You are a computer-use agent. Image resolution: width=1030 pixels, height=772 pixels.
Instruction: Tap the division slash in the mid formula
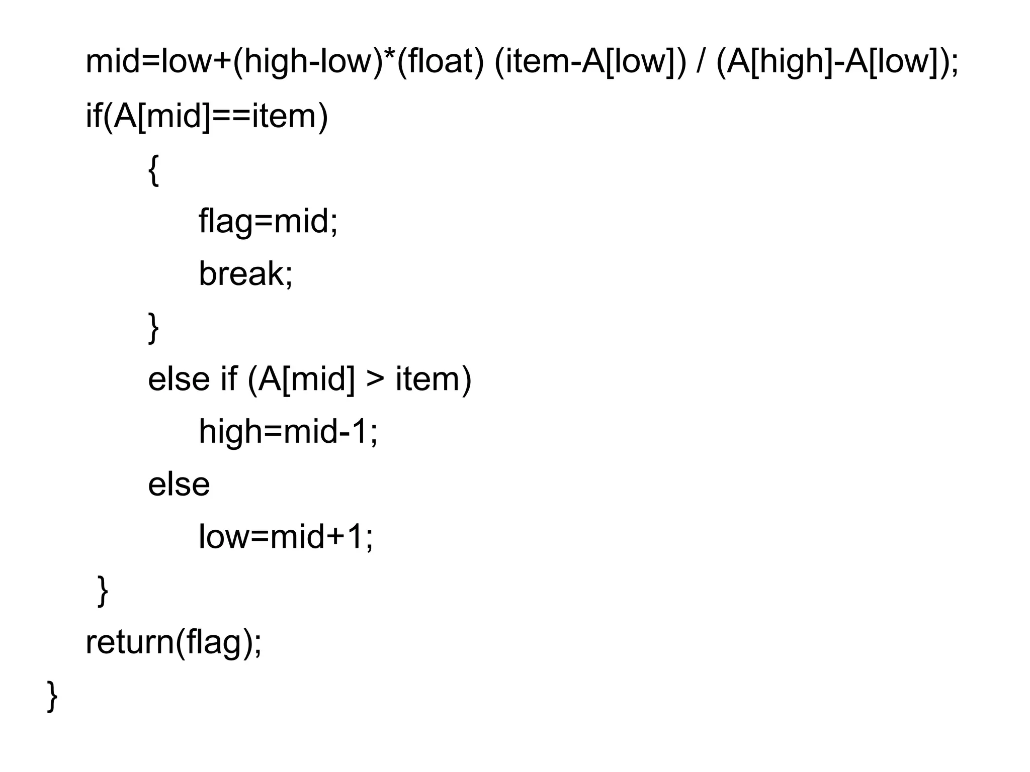pyautogui.click(x=700, y=61)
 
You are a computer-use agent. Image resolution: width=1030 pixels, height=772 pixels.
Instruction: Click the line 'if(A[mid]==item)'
pyautogui.click(x=207, y=116)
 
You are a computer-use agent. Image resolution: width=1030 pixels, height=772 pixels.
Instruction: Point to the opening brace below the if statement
pyautogui.click(x=154, y=171)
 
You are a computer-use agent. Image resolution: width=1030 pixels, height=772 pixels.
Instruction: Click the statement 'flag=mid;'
pyautogui.click(x=268, y=221)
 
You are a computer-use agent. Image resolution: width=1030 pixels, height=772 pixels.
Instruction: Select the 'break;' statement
pyautogui.click(x=245, y=274)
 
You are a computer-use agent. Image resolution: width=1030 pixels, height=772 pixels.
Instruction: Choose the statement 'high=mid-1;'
pyautogui.click(x=288, y=432)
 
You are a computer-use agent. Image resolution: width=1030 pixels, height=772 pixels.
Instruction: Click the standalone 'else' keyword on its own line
pyautogui.click(x=179, y=485)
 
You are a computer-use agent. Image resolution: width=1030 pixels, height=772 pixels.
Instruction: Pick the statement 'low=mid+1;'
pyautogui.click(x=286, y=537)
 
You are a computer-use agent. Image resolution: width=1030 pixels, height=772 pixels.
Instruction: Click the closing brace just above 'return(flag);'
pyautogui.click(x=102, y=591)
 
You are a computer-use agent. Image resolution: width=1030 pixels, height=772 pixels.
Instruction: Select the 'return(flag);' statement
pyautogui.click(x=174, y=643)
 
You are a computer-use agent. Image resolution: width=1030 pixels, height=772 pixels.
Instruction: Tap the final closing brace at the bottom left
pyautogui.click(x=52, y=696)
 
